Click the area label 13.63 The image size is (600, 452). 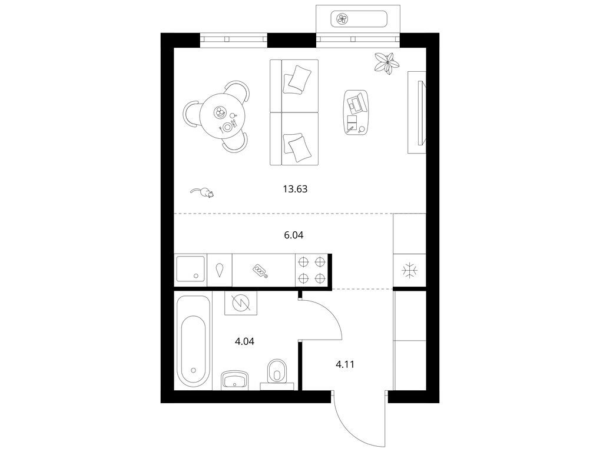point(295,189)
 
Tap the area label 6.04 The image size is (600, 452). point(293,235)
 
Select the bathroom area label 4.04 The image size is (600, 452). point(244,341)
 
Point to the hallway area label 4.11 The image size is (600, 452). point(345,364)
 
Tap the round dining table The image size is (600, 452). point(222,117)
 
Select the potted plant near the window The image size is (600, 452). point(387,63)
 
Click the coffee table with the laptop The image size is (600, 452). point(356,112)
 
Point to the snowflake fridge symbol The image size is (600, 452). point(410,270)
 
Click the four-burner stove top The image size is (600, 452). point(311,270)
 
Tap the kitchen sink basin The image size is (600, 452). point(190,269)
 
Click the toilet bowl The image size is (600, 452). point(277,370)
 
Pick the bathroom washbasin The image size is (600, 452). point(234,380)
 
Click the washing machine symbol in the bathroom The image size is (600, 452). point(240,303)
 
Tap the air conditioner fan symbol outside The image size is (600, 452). point(342,19)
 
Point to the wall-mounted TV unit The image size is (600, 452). point(417,112)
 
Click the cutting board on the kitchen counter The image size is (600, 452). point(260,271)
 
